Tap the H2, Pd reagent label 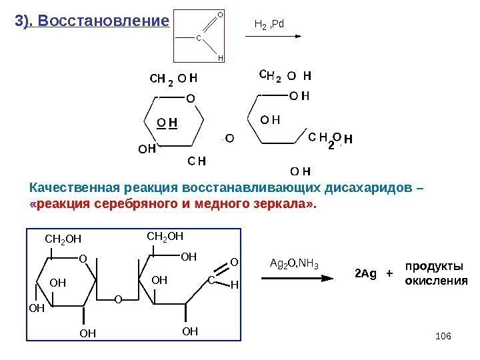click(270, 24)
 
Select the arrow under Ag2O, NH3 click(294, 280)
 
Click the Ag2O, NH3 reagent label click(294, 265)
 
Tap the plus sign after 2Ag click(389, 273)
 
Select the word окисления click(437, 281)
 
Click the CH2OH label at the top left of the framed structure click(62, 239)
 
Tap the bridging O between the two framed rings click(117, 299)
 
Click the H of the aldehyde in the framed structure click(233, 285)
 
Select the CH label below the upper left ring click(197, 160)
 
